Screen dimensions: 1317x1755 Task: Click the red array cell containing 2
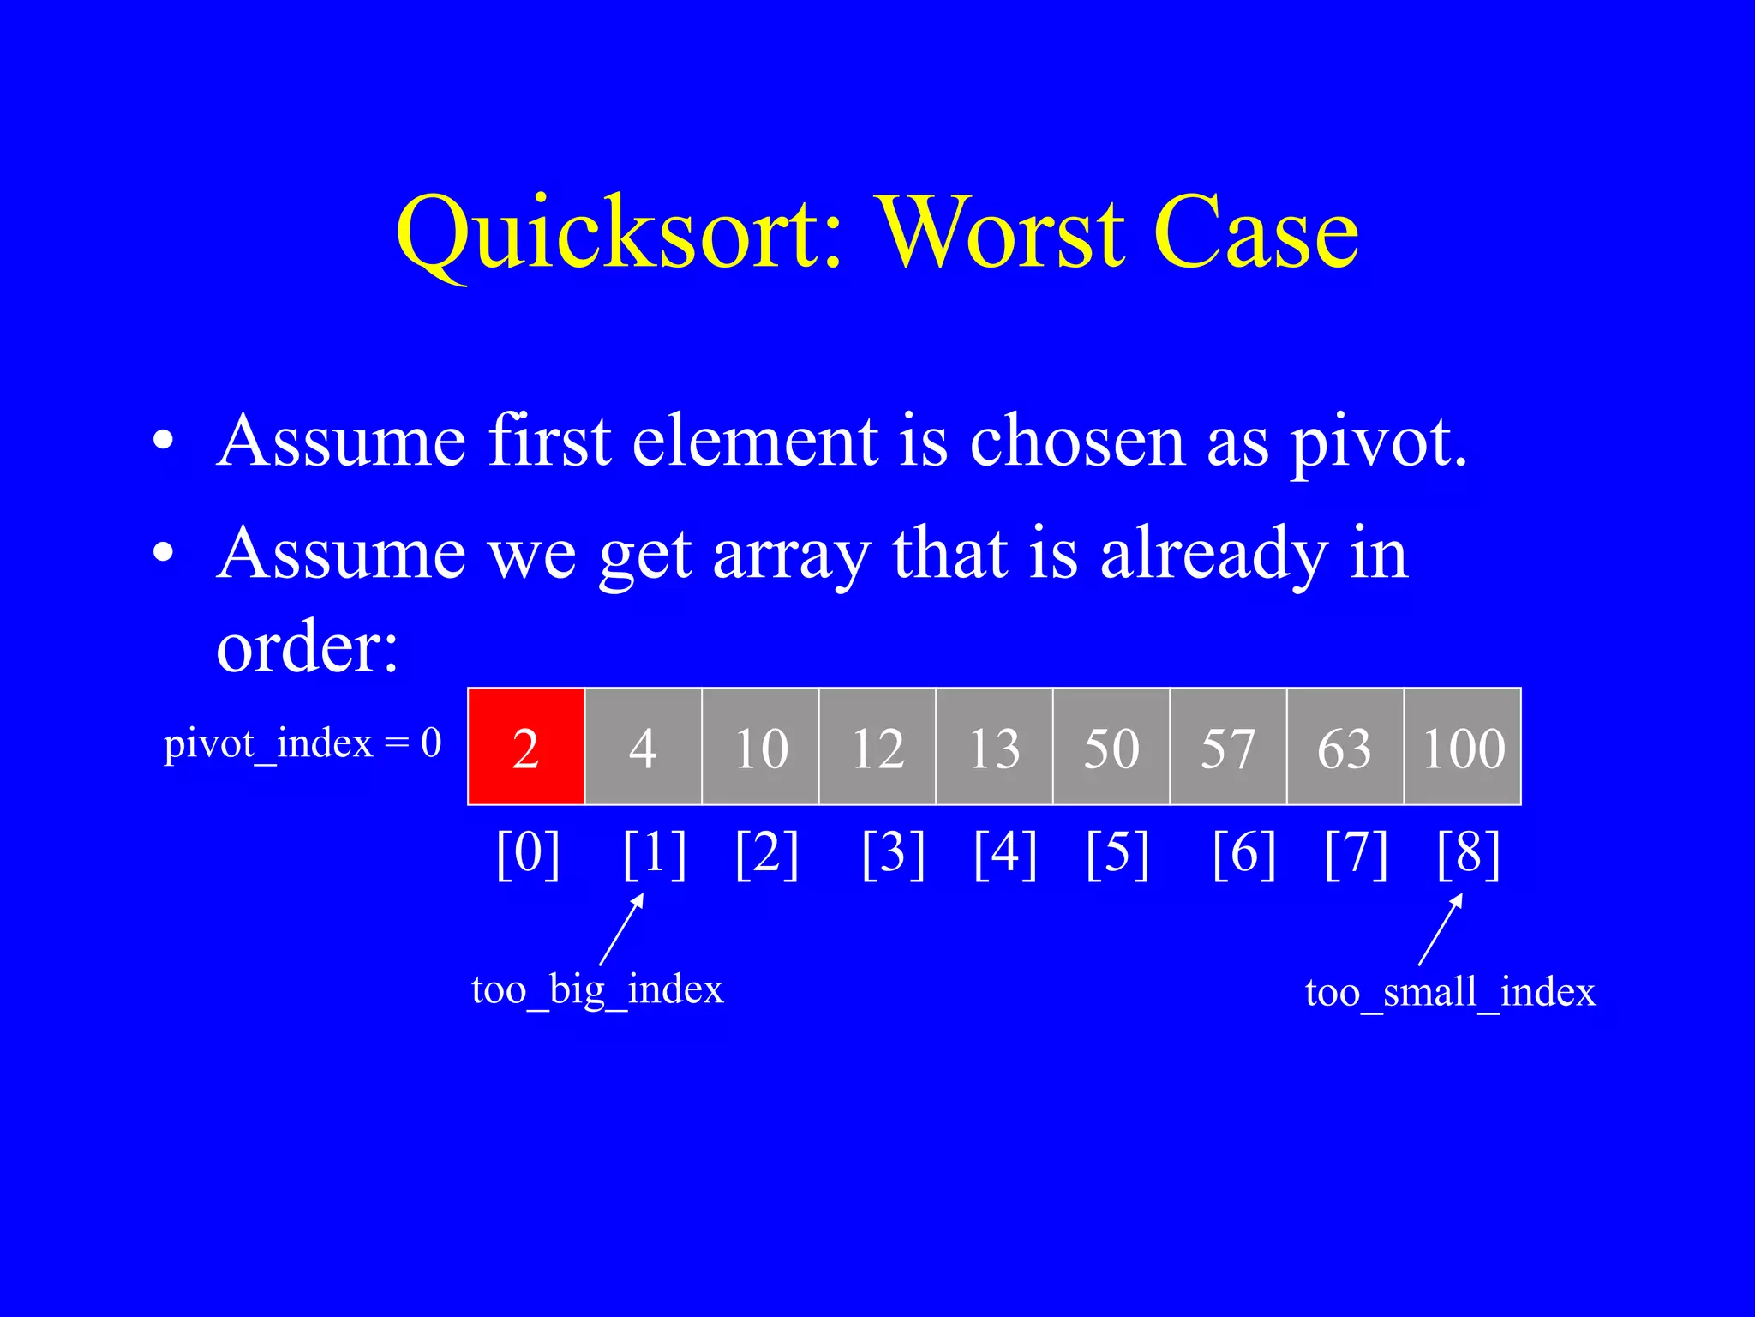[526, 746]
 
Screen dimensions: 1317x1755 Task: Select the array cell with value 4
[643, 746]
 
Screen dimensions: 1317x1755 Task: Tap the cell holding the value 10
[760, 746]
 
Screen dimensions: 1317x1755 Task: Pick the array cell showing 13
[994, 746]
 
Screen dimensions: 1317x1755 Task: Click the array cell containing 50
[1111, 746]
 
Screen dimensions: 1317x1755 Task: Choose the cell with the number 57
[1228, 746]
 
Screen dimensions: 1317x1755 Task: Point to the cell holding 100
[1463, 746]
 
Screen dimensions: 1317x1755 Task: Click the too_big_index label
[597, 990]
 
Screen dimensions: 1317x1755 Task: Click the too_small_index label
[1450, 993]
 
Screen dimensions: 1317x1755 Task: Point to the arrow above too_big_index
[621, 929]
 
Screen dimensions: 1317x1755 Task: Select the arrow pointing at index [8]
[1441, 929]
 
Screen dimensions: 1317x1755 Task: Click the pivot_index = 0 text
[302, 743]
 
